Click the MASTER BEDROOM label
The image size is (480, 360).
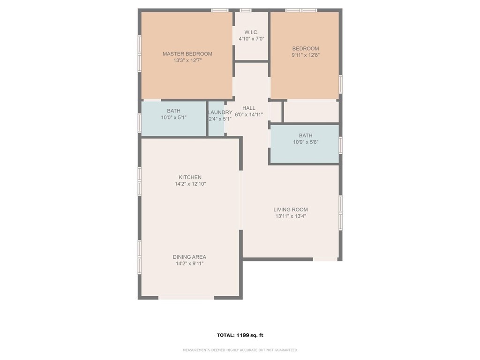click(x=187, y=54)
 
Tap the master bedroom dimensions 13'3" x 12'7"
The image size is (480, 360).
click(x=187, y=60)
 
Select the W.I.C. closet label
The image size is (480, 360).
click(x=251, y=32)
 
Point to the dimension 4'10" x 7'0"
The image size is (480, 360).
click(x=251, y=39)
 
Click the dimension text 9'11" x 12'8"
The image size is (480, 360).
click(x=305, y=55)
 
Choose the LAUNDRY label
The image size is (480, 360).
click(x=220, y=112)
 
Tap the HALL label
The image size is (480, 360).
click(x=248, y=108)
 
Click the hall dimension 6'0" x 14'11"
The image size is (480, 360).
click(x=248, y=115)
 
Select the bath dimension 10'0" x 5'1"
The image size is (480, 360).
click(x=173, y=118)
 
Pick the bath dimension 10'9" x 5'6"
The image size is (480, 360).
click(x=305, y=142)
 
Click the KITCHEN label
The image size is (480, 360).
click(x=190, y=177)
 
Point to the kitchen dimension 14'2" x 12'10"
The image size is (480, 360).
click(x=190, y=184)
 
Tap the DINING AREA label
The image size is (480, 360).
click(x=189, y=257)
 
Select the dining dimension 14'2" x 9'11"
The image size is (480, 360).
click(x=189, y=263)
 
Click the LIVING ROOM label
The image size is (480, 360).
click(x=291, y=210)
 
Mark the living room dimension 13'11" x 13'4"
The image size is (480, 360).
click(x=291, y=216)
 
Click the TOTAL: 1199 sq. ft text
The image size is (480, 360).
click(x=240, y=335)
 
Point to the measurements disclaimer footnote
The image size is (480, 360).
click(x=240, y=350)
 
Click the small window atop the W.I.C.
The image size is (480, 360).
click(x=246, y=10)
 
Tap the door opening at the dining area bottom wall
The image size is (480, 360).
click(x=186, y=297)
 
